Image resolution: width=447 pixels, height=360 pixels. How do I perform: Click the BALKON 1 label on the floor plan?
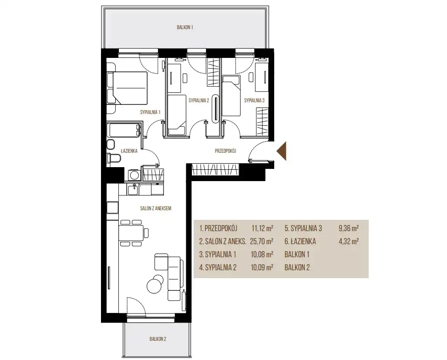pyautogui.click(x=185, y=27)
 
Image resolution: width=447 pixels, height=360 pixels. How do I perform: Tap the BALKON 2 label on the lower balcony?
pyautogui.click(x=158, y=339)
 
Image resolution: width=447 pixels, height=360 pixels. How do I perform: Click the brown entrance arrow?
pyautogui.click(x=281, y=151)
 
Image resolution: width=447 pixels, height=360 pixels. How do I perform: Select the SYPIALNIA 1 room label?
pyautogui.click(x=150, y=112)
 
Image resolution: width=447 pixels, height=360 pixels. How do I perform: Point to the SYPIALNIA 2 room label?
pyautogui.click(x=199, y=100)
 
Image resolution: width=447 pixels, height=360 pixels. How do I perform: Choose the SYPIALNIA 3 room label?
pyautogui.click(x=254, y=100)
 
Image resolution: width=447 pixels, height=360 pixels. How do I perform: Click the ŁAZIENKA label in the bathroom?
pyautogui.click(x=129, y=151)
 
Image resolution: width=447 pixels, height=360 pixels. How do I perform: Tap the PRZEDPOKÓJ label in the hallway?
pyautogui.click(x=225, y=151)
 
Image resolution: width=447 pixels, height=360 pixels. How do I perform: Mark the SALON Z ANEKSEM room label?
pyautogui.click(x=156, y=209)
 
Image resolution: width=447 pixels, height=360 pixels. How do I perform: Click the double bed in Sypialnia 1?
pyautogui.click(x=127, y=88)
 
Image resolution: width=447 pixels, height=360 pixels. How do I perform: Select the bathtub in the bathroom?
pyautogui.click(x=124, y=130)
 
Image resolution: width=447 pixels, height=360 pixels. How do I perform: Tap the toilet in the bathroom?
pyautogui.click(x=114, y=158)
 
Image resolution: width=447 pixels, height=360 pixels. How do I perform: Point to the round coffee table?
pyautogui.click(x=155, y=284)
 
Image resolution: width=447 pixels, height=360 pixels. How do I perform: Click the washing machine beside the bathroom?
pyautogui.click(x=133, y=175)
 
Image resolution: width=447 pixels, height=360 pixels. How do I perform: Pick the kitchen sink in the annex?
pyautogui.click(x=133, y=189)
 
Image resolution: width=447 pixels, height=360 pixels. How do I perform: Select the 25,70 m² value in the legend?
pyautogui.click(x=262, y=242)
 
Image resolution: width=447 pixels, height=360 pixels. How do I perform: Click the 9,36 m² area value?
pyautogui.click(x=348, y=228)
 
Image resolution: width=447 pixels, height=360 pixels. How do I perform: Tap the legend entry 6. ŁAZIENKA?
pyautogui.click(x=300, y=242)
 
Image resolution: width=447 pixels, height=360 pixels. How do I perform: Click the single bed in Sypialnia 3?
pyautogui.click(x=231, y=96)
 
